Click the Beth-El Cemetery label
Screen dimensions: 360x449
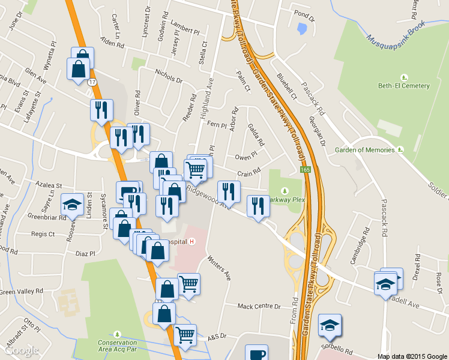tap(403, 86)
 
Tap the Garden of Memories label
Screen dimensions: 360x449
tap(365, 150)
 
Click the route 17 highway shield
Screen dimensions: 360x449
tap(92, 82)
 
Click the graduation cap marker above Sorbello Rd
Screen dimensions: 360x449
tap(329, 325)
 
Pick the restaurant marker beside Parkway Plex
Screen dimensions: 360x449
tap(258, 206)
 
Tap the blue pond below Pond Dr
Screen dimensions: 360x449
tap(302, 28)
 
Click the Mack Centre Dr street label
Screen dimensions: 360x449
tap(259, 307)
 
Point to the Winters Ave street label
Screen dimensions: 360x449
tap(219, 268)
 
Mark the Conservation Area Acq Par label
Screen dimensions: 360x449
tap(118, 346)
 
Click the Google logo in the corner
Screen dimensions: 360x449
tap(21, 350)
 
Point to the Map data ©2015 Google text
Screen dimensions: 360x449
tap(412, 356)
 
